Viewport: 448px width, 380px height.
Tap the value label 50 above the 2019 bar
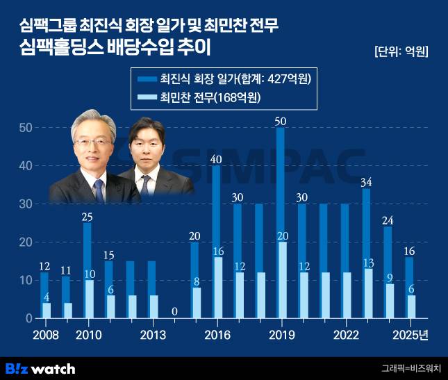point(280,121)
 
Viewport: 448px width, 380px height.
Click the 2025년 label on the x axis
point(410,334)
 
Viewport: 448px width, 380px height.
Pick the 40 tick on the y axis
point(26,166)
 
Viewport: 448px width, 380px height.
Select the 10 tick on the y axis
point(26,280)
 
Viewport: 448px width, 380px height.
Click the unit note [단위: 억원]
point(401,51)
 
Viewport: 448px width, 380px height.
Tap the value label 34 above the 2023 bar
point(367,183)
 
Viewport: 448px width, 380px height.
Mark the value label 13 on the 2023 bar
point(370,263)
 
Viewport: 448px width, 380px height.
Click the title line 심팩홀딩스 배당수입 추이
point(115,49)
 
